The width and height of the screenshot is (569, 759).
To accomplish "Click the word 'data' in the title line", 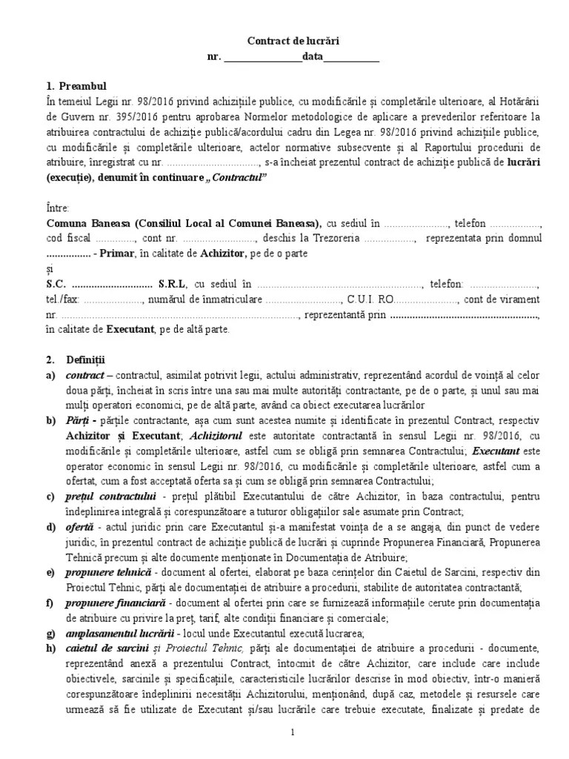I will coord(312,58).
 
